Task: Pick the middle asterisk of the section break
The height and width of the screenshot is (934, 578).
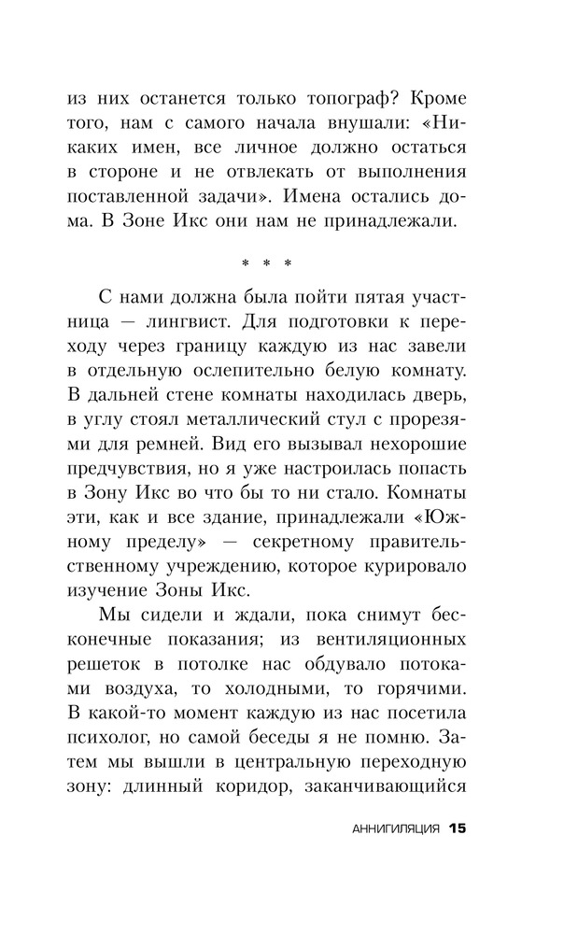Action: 267,264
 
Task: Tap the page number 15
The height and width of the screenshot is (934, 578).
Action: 456,828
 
